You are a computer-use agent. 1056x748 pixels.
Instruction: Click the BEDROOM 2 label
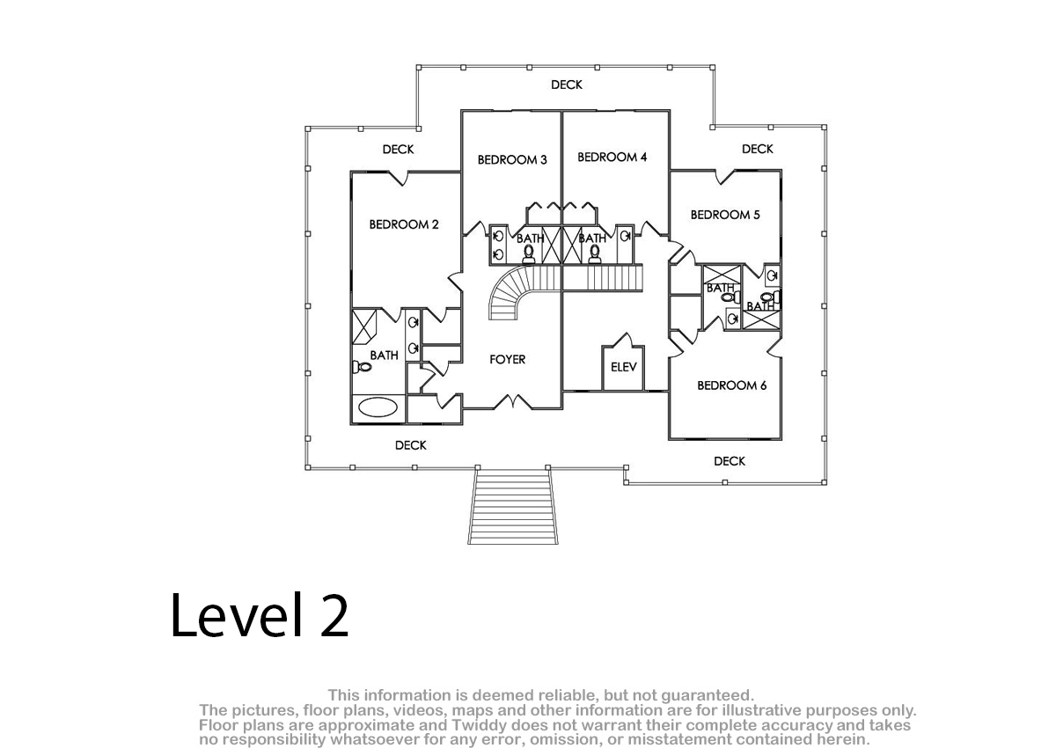point(404,224)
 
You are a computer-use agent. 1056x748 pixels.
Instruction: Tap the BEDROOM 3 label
point(512,160)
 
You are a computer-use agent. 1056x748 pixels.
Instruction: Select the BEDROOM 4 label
point(612,157)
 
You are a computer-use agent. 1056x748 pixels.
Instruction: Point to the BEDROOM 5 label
point(725,215)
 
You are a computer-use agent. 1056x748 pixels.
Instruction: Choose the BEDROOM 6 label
point(731,385)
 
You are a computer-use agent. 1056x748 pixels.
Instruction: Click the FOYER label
point(507,360)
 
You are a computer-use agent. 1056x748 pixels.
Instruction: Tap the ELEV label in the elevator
point(624,367)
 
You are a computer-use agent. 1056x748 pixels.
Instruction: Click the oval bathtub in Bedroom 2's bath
point(378,407)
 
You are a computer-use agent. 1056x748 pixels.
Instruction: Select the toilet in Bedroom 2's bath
point(362,366)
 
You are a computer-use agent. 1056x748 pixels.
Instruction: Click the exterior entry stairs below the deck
point(513,507)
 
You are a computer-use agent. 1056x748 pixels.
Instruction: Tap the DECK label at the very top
point(567,84)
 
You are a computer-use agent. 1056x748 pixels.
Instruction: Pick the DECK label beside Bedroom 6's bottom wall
point(730,461)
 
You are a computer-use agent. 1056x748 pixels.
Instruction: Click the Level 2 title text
point(260,615)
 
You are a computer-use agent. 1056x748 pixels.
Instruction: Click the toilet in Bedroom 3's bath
point(529,253)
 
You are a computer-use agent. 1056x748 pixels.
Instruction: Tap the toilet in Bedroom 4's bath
point(595,253)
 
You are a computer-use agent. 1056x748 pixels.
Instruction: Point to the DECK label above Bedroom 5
point(757,149)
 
